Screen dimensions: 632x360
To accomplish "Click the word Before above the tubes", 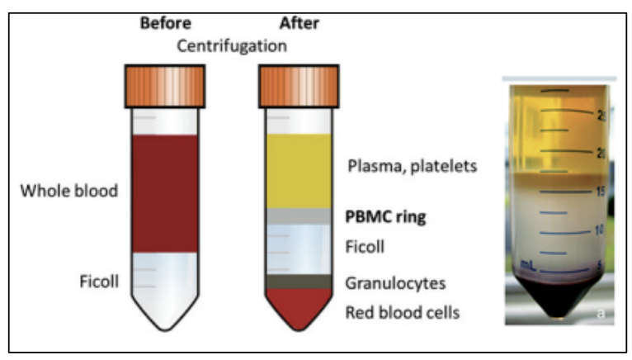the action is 166,23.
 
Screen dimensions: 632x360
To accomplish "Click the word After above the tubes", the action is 299,23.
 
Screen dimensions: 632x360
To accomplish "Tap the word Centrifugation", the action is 232,46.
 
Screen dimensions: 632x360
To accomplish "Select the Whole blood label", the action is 69,191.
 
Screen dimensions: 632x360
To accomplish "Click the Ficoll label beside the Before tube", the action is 99,282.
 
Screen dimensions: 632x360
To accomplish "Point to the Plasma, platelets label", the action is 413,166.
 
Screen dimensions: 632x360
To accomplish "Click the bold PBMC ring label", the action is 385,217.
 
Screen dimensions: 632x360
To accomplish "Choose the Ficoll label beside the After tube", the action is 365,247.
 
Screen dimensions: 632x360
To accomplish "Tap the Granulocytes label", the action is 395,283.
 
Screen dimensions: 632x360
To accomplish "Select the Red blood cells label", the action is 403,313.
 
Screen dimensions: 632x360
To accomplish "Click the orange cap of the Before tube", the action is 165,87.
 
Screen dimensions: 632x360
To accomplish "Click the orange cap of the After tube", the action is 299,87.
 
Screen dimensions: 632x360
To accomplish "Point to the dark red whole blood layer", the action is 165,194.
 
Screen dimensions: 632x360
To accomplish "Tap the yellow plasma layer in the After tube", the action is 299,172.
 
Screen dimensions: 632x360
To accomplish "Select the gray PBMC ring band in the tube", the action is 299,216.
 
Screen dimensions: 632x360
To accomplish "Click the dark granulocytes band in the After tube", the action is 299,282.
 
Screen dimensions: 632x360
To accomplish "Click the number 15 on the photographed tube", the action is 600,192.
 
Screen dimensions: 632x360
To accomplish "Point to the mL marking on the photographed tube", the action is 527,265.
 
